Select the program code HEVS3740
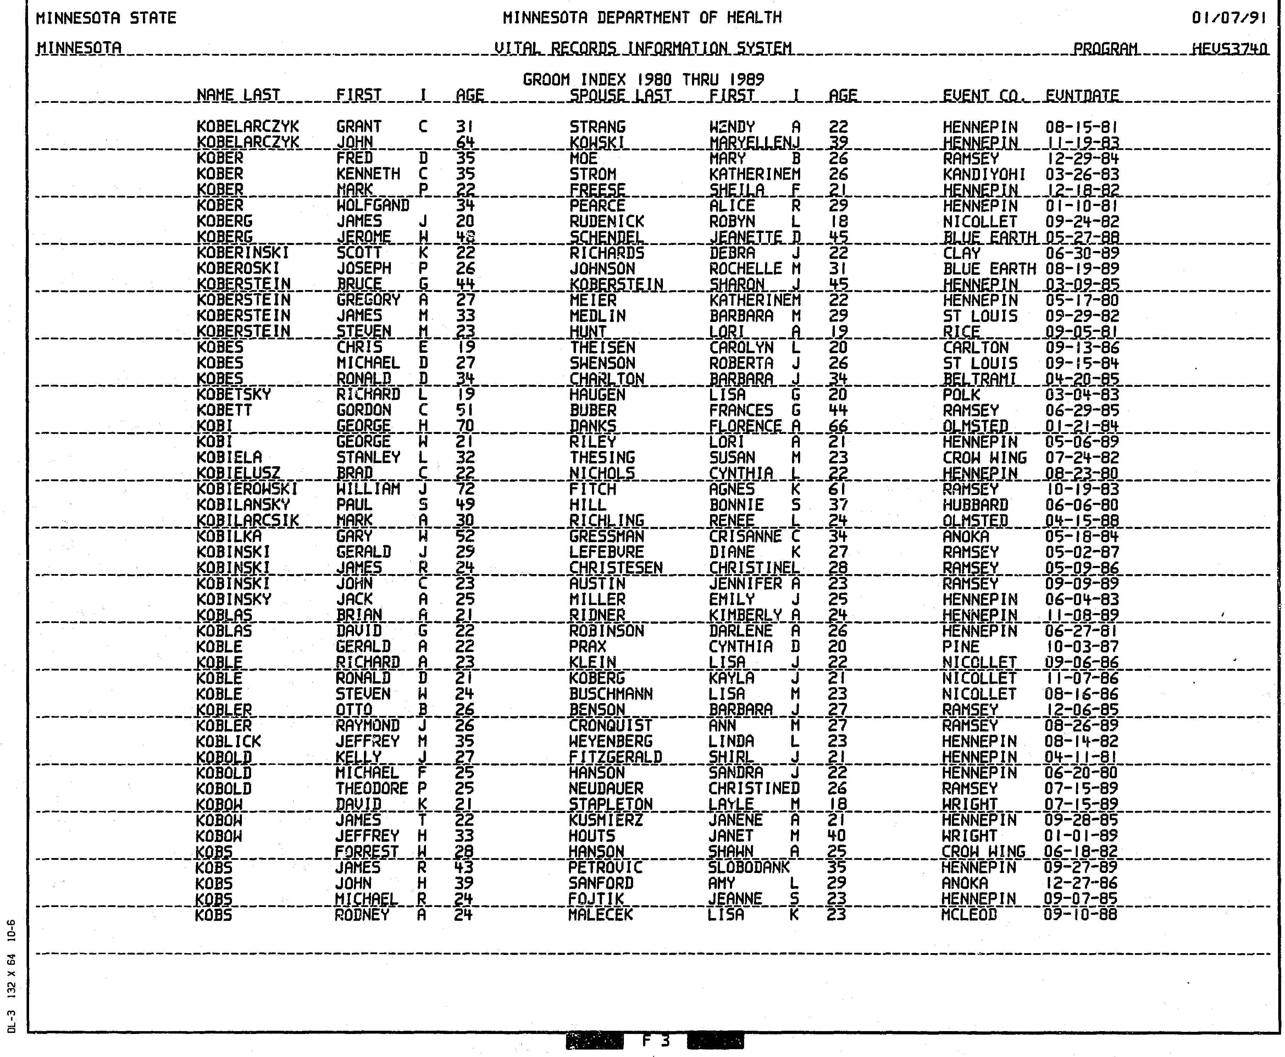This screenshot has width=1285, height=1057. pos(1230,48)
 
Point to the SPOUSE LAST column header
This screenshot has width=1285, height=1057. pos(620,96)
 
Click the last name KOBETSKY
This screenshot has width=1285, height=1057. pos(234,395)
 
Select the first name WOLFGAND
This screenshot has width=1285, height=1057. pos(372,206)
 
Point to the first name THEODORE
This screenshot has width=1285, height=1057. pos(371,789)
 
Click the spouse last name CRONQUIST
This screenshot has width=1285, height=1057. pos(610,726)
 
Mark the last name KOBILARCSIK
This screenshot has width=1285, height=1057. pos(247,521)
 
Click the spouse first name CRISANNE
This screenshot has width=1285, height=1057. pos(745,536)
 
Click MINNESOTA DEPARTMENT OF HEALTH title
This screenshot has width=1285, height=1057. pos(642,18)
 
